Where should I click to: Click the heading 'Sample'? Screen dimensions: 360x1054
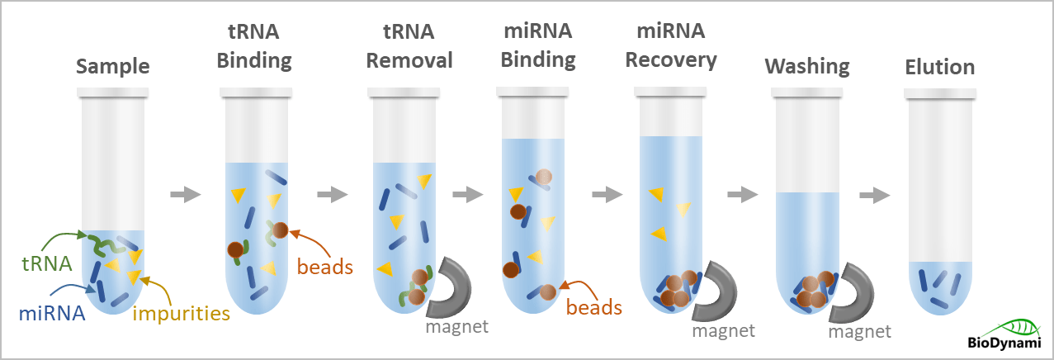click(113, 67)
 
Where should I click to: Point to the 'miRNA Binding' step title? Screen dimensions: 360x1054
click(538, 46)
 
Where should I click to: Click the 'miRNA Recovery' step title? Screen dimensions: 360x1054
click(671, 46)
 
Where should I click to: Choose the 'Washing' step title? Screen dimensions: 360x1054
click(806, 67)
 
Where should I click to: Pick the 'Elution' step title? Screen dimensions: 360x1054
click(939, 67)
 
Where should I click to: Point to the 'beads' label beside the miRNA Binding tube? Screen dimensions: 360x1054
click(594, 307)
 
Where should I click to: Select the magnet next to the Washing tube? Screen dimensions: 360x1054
click(856, 293)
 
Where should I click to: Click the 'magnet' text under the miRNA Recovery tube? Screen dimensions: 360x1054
click(724, 330)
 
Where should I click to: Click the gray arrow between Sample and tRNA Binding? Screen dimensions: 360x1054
click(185, 195)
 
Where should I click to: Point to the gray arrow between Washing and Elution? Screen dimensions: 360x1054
click(875, 195)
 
